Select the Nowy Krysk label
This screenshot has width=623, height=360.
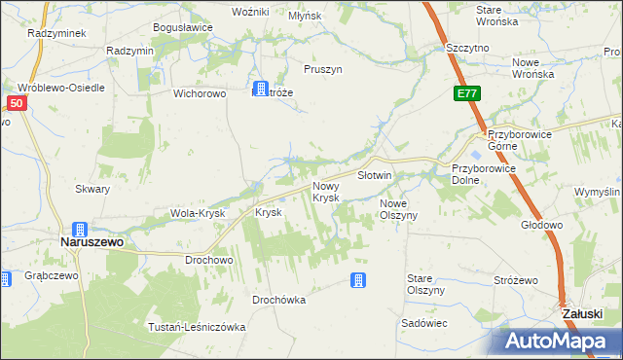pos(326,192)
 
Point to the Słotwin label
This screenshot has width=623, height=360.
pos(374,176)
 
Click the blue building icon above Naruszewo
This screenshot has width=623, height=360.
pos(80,230)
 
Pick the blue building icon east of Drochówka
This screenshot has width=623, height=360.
pos(358,280)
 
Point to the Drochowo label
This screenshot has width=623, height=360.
pos(208,261)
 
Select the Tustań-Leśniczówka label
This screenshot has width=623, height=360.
pos(196,326)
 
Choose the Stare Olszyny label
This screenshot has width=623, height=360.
pos(425,284)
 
